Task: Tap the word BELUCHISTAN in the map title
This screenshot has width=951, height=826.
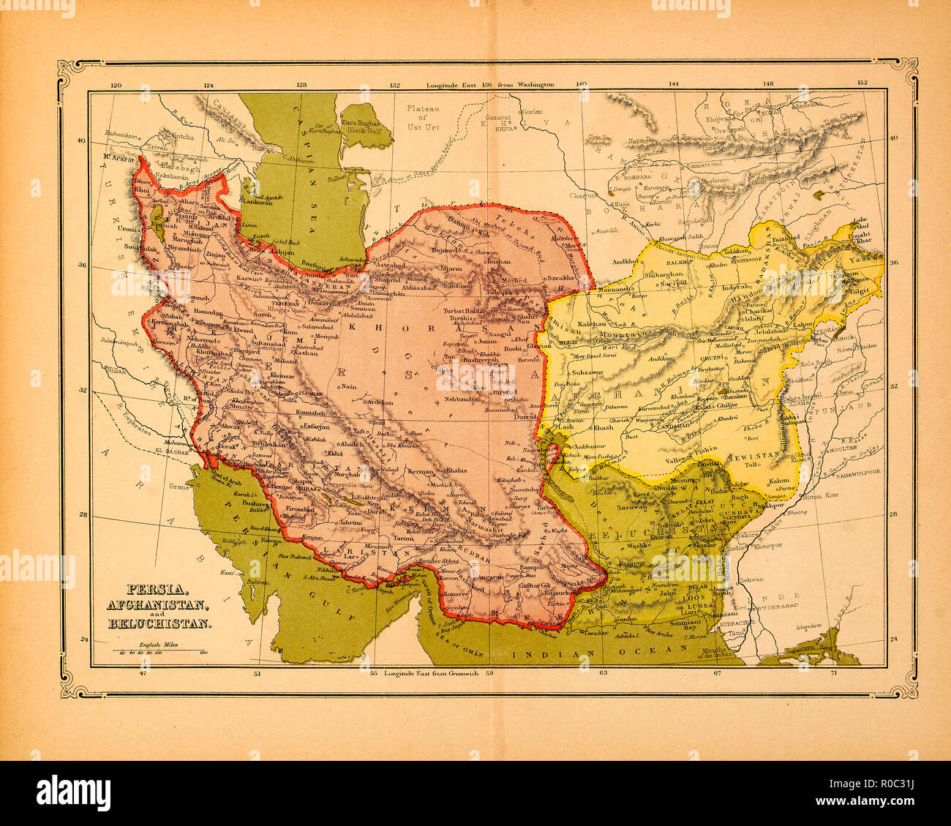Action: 159,624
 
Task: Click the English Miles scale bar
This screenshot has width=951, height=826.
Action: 157,650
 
